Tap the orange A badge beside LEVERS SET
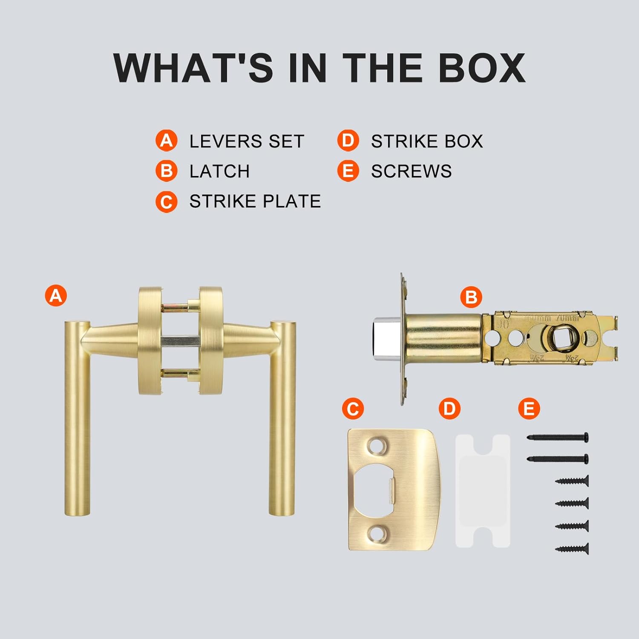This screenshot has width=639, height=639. pyautogui.click(x=166, y=141)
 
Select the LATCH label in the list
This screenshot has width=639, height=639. pyautogui.click(x=219, y=171)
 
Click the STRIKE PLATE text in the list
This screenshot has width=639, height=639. pyautogui.click(x=255, y=201)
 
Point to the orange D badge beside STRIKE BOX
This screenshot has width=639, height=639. pyautogui.click(x=348, y=141)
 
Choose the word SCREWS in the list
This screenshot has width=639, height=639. pyautogui.click(x=411, y=171)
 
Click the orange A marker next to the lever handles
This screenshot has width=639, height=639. pyautogui.click(x=56, y=295)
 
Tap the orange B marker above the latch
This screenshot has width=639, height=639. pyautogui.click(x=471, y=297)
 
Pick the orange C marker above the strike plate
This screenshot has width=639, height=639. pyautogui.click(x=353, y=409)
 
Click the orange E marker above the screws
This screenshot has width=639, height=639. pyautogui.click(x=529, y=409)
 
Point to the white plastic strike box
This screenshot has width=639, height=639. pyautogui.click(x=483, y=490)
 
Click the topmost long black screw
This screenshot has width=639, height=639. pyautogui.click(x=558, y=437)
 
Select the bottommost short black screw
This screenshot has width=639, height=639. pyautogui.click(x=572, y=549)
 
